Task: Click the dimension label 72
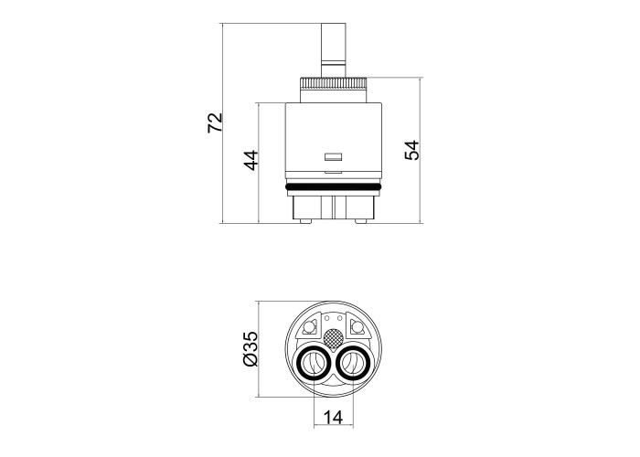215,122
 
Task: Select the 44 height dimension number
251,160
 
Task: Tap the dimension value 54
411,150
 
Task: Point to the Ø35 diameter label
251,349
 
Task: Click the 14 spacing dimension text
333,417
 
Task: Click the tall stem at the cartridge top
334,49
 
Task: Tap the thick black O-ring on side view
334,187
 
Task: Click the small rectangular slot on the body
333,156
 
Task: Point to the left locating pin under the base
305,221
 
